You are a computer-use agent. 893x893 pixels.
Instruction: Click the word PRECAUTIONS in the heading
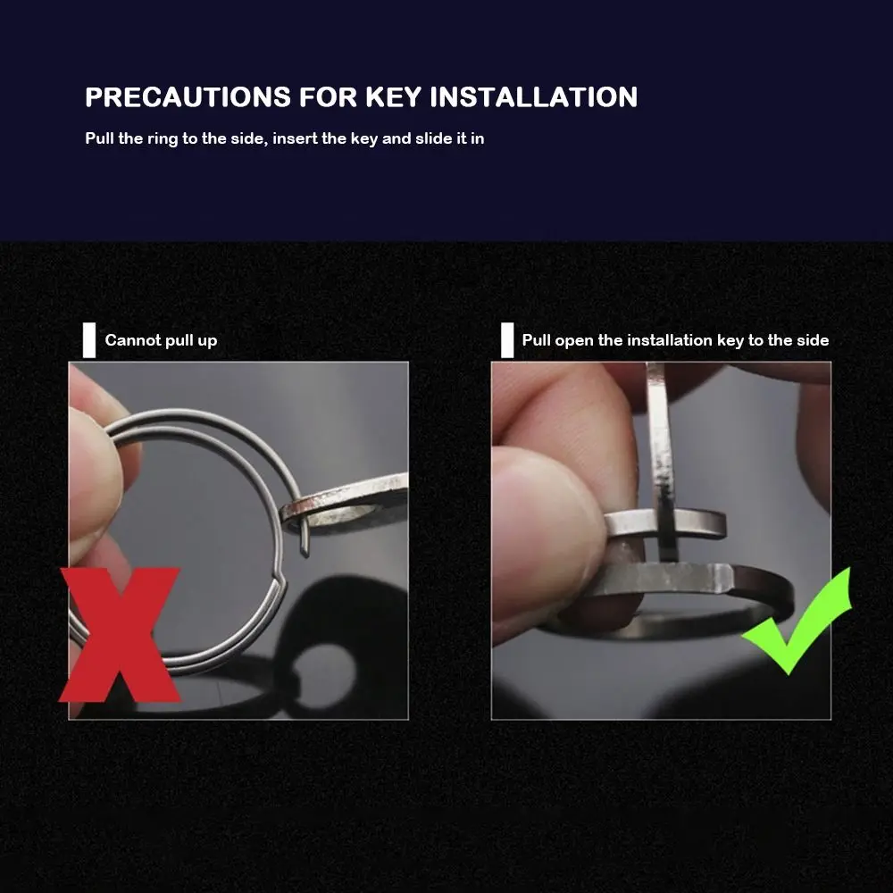pyautogui.click(x=188, y=96)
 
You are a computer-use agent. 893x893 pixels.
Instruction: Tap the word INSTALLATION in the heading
pyautogui.click(x=534, y=96)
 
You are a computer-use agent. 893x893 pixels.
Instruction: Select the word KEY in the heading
pyautogui.click(x=393, y=96)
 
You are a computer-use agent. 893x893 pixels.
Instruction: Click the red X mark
pyautogui.click(x=120, y=634)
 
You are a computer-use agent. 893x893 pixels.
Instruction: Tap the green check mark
pyautogui.click(x=797, y=622)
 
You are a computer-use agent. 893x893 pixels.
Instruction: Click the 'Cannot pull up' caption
pyautogui.click(x=161, y=340)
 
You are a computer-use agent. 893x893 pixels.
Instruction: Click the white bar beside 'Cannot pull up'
pyautogui.click(x=89, y=340)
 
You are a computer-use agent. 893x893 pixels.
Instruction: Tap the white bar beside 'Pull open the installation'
pyautogui.click(x=507, y=340)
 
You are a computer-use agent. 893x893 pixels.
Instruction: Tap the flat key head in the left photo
pyautogui.click(x=347, y=504)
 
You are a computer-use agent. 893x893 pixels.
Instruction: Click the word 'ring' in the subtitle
pyautogui.click(x=163, y=139)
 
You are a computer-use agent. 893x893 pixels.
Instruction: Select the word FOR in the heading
pyautogui.click(x=328, y=96)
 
